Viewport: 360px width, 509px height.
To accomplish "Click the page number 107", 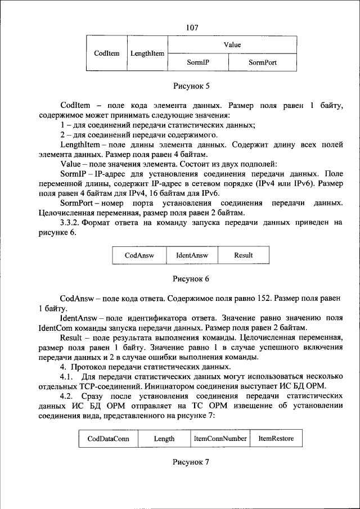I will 192,27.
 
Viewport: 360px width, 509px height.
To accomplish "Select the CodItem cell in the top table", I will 107,53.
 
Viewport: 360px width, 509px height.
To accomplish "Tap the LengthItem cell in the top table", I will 147,53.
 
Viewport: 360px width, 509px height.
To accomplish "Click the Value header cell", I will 232,44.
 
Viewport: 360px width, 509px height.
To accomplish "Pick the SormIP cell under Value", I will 198,62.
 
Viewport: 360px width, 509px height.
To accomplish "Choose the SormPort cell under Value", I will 263,62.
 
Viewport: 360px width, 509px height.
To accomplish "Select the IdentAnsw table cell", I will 192,255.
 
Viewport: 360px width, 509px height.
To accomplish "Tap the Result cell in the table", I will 243,255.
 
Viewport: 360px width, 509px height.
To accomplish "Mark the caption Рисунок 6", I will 191,278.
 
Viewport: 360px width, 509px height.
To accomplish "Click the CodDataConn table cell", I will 108,439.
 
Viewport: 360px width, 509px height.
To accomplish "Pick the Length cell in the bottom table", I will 164,439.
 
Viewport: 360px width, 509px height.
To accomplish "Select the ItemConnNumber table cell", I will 220,439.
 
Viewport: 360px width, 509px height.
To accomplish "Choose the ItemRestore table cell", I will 276,439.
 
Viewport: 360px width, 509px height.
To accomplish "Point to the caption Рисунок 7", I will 191,462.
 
